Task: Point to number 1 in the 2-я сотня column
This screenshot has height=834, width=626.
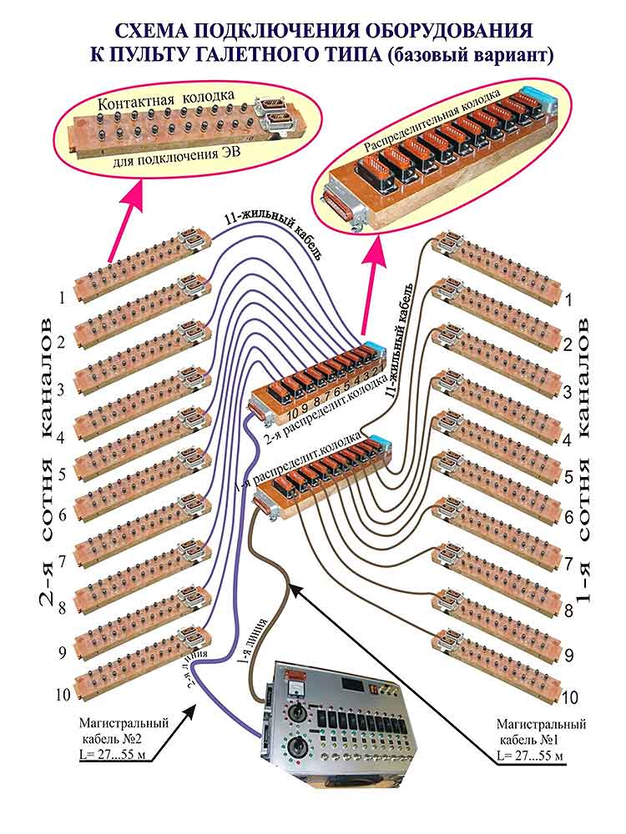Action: [61, 295]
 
